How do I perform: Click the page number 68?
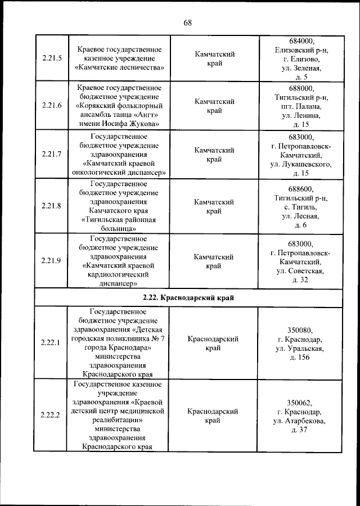coord(187,22)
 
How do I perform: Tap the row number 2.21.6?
coord(52,106)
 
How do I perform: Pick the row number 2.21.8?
coord(52,206)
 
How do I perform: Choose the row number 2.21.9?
coord(52,260)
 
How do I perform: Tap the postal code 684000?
coord(301,41)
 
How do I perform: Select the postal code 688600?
coord(301,189)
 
